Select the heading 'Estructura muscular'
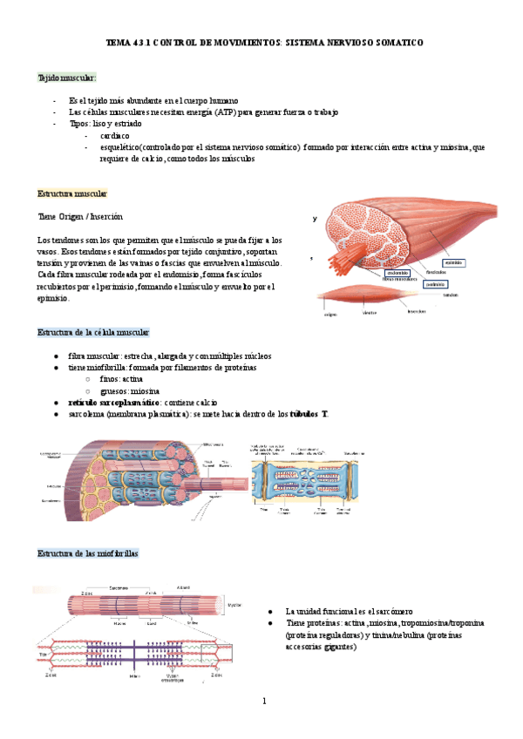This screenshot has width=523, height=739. coord(72,193)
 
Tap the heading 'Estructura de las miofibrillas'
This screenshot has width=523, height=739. coord(87,553)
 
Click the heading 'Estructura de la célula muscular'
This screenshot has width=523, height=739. coord(93,332)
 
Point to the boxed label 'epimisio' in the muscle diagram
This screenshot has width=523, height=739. coord(452,262)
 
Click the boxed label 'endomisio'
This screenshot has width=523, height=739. coord(397,272)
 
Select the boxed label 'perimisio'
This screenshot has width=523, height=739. coord(436,283)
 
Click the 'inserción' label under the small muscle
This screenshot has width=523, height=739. coord(416,310)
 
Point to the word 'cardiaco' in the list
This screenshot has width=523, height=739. coord(114,136)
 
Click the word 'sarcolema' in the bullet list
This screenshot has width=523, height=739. coord(88,414)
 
